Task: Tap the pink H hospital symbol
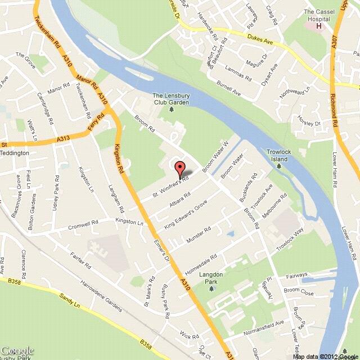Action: [x=320, y=25]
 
